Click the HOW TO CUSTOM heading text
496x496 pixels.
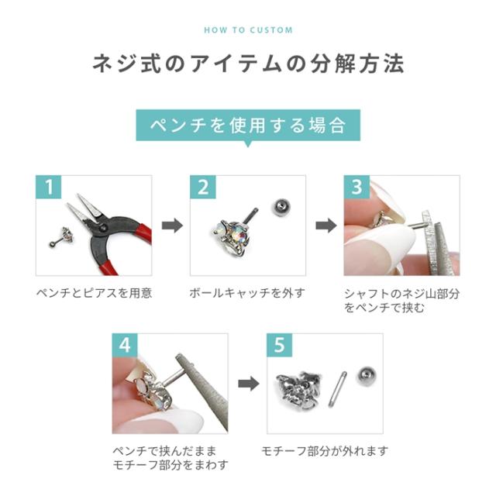click(248, 30)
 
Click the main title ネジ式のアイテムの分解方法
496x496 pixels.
click(248, 64)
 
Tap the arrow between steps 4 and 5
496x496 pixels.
click(247, 384)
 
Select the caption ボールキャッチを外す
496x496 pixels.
click(246, 294)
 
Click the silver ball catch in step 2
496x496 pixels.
click(281, 208)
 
